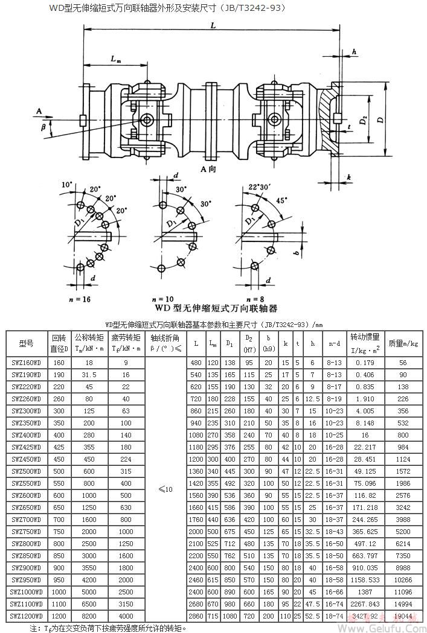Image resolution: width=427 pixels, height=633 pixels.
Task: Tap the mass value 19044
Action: (x=403, y=616)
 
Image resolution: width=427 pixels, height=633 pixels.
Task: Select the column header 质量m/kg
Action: (x=403, y=343)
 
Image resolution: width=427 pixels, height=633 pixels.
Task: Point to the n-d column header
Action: (x=334, y=343)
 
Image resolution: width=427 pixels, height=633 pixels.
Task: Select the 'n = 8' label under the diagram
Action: (x=255, y=298)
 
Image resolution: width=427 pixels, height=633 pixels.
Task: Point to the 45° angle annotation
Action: (x=283, y=200)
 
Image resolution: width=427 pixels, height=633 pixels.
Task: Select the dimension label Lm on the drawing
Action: (x=115, y=59)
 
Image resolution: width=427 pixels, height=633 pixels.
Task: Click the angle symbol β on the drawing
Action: (x=43, y=128)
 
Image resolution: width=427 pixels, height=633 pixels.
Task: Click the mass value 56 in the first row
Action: (x=403, y=362)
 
